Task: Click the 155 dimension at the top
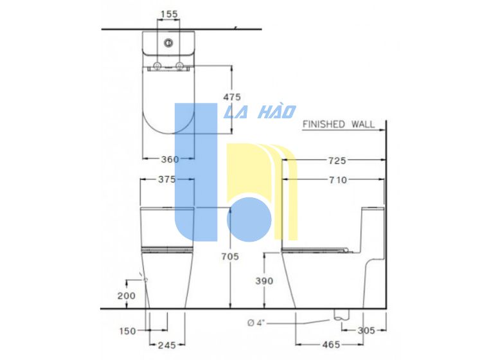170,14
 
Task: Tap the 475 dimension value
232,97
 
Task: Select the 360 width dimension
170,159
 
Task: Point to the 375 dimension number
167,179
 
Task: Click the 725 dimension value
337,161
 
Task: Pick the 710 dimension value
338,180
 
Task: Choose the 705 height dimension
230,256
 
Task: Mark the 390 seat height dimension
264,281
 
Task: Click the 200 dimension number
127,296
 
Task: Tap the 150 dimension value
128,331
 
